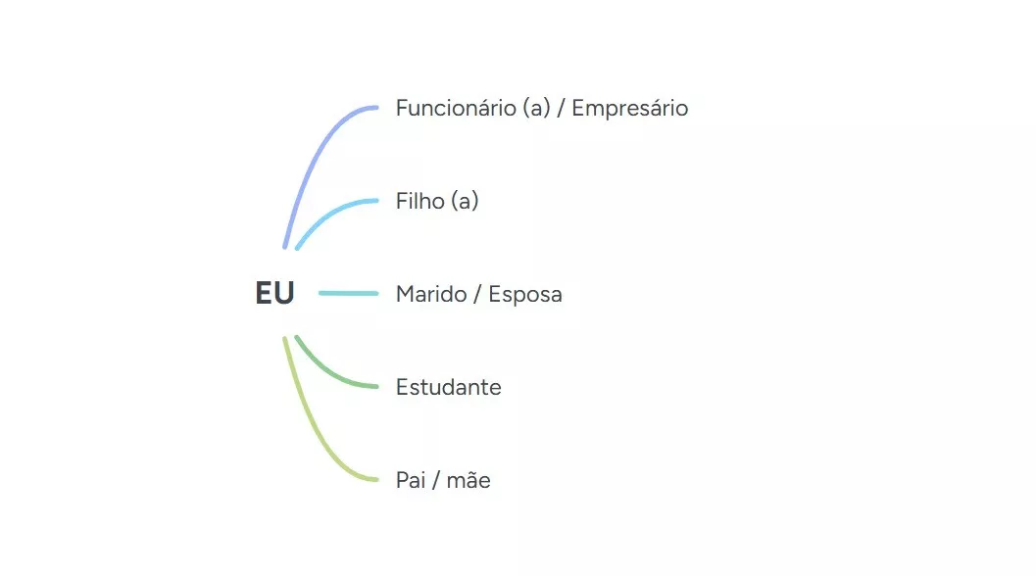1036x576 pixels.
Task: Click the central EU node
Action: point(274,293)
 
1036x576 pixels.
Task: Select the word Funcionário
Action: point(456,108)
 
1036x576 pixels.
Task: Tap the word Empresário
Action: point(629,109)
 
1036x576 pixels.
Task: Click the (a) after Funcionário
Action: point(536,109)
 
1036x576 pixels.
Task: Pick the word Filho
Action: point(420,201)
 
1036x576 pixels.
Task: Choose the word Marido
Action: point(431,294)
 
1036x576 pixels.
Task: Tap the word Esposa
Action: point(525,295)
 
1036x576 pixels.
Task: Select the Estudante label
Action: point(449,387)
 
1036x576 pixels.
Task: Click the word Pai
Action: point(411,480)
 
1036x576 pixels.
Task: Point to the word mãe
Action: point(469,480)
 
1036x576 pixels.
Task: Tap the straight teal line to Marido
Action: point(348,293)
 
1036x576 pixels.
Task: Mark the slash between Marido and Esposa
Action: point(477,295)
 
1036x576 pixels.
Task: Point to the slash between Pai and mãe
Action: point(436,480)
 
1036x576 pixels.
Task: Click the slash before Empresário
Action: point(561,109)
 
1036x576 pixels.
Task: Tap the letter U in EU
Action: point(284,293)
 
